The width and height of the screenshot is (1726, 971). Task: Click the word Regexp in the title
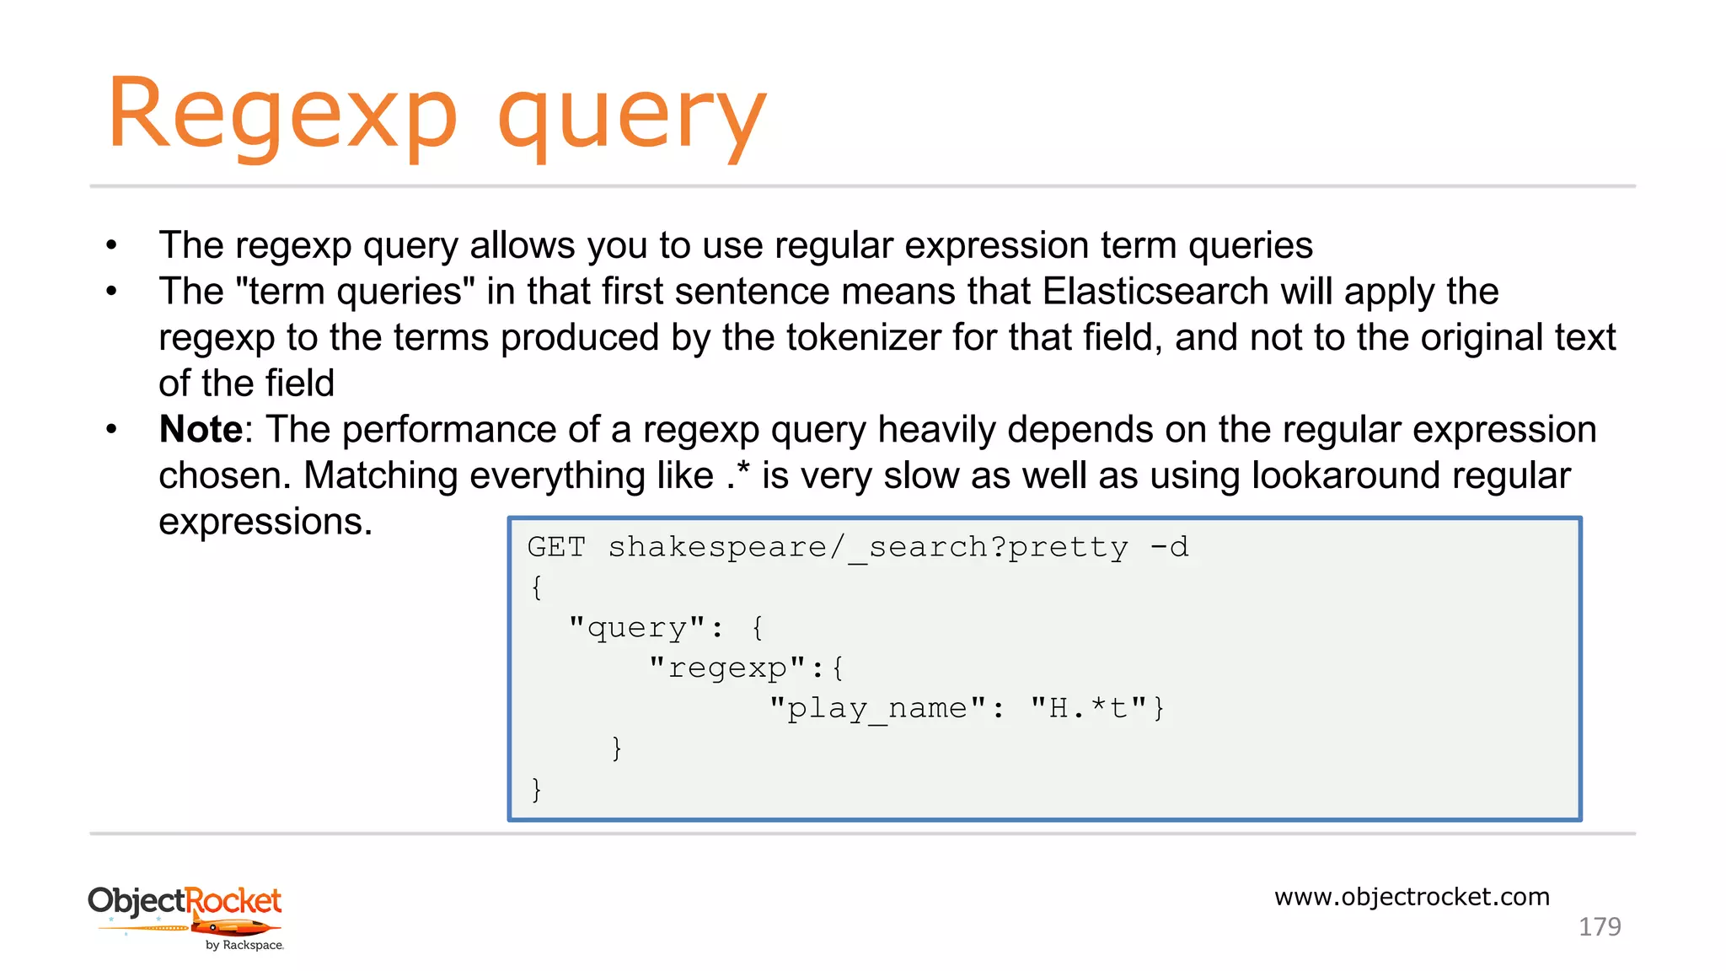coord(282,114)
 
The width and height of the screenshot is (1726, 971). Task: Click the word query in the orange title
coord(632,118)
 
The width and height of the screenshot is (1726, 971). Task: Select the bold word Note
coord(201,430)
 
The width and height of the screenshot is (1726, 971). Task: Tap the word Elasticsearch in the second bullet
coord(1155,292)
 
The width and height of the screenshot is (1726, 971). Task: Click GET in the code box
coord(556,547)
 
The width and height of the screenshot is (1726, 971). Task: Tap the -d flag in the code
coord(1170,547)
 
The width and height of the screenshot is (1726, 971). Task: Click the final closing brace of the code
coord(537,789)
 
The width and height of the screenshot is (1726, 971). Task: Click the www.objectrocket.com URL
coord(1412,897)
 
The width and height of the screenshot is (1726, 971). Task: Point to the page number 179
coord(1599,927)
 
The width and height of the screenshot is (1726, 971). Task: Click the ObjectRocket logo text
coord(185,900)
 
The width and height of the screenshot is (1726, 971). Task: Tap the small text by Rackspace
coord(244,946)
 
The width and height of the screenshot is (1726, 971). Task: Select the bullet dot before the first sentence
coord(111,246)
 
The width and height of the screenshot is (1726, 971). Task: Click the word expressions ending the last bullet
coord(265,522)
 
